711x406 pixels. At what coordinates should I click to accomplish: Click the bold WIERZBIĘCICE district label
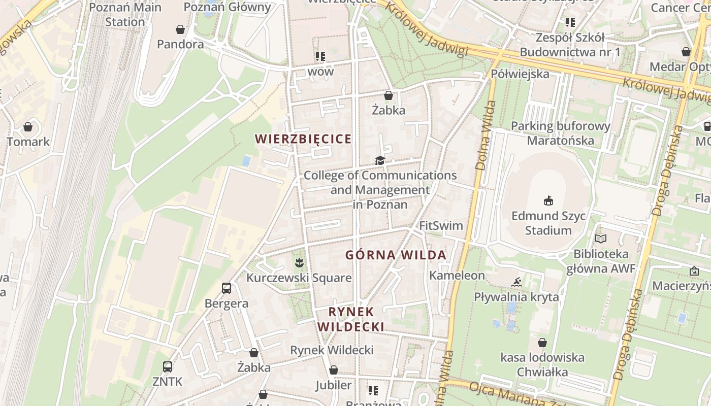(303, 139)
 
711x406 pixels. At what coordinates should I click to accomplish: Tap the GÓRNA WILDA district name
(396, 255)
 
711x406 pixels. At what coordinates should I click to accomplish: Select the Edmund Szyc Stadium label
(548, 223)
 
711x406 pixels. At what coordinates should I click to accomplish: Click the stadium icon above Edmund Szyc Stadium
(548, 201)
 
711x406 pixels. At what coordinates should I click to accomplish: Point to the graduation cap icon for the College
(380, 161)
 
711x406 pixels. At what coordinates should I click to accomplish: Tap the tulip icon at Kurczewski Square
(299, 262)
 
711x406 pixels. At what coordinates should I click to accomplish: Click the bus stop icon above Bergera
(227, 288)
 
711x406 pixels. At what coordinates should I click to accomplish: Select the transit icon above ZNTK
(167, 366)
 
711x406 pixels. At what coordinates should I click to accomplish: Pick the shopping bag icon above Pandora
(180, 29)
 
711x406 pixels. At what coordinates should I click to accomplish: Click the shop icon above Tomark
(28, 127)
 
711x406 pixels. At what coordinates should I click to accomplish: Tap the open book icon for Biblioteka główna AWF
(601, 239)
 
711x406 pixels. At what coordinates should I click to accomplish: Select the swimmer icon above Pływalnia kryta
(516, 282)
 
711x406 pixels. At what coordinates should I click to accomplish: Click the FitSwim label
(441, 225)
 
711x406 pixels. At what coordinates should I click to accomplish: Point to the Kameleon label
(457, 275)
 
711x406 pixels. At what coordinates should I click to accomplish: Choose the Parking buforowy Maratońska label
(561, 133)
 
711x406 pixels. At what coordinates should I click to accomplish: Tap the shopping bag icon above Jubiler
(334, 370)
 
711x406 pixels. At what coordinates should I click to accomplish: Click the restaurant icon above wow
(320, 56)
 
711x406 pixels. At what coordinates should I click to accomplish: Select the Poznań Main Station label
(125, 15)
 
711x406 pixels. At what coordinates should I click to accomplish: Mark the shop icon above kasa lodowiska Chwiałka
(542, 343)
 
